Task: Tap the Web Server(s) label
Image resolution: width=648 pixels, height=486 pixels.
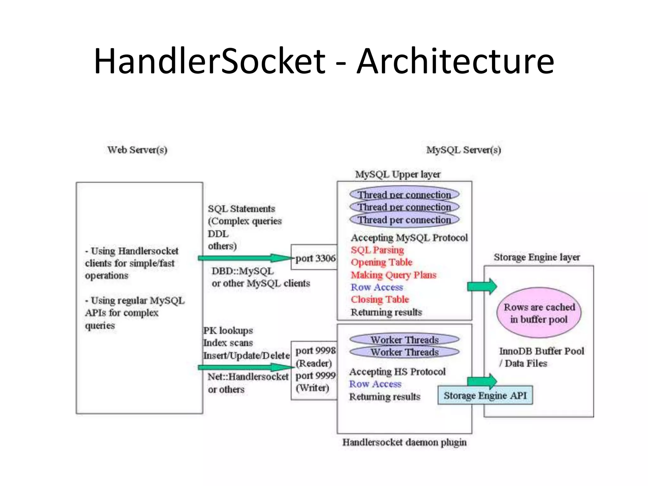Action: coord(137,150)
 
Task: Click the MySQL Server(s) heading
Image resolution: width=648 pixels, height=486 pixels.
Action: coord(464,150)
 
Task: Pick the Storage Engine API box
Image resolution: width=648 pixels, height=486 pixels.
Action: coord(485,396)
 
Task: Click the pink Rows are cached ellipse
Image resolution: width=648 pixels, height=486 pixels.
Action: coord(539,313)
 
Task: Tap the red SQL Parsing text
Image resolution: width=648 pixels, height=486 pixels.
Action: coord(377,250)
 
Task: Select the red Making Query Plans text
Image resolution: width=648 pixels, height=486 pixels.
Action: coord(393,275)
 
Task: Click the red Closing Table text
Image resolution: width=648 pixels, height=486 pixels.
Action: coord(380,299)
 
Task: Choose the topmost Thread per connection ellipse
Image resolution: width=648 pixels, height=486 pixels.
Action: coord(404,194)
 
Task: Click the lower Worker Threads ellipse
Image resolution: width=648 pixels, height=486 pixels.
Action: coord(404,352)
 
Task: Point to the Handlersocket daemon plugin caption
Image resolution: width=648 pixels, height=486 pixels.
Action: coord(404,442)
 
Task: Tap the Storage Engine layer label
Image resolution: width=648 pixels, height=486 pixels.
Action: coord(537,257)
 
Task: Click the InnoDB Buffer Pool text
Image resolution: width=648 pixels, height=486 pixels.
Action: coord(541,351)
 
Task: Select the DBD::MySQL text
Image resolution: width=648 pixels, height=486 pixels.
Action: coord(242,271)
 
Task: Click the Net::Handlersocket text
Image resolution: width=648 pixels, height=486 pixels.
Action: coord(248,377)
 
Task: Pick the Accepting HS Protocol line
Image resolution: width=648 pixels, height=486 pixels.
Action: coord(397,371)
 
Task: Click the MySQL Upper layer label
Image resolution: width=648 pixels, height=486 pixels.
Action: coord(397,174)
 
